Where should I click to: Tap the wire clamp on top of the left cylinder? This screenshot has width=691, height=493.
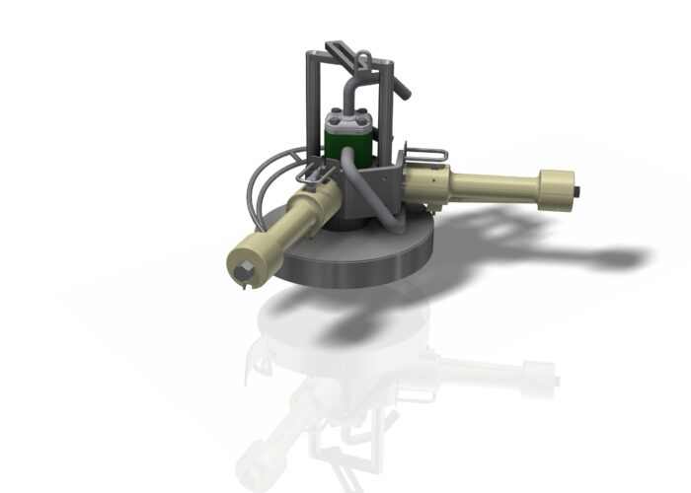point(314,175)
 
